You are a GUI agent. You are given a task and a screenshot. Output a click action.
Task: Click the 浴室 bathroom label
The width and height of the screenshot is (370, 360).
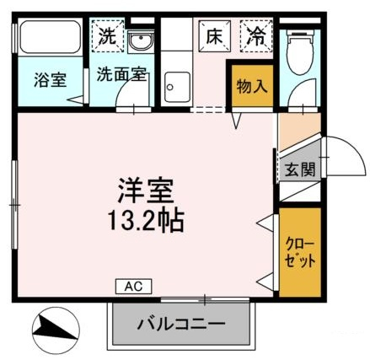(x=51, y=79)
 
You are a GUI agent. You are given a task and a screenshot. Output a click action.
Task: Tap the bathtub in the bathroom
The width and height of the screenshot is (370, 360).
(x=51, y=36)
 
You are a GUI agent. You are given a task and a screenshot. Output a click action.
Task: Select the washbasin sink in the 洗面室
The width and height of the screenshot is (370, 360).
(x=141, y=42)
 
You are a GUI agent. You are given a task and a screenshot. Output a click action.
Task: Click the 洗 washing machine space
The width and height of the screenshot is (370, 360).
(x=108, y=35)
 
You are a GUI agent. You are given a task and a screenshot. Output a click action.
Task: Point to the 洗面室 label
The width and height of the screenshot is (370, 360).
(x=121, y=74)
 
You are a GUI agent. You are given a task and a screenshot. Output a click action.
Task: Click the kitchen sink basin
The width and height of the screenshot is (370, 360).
(x=177, y=87)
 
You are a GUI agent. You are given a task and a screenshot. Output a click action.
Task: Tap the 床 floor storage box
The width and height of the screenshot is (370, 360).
(x=214, y=36)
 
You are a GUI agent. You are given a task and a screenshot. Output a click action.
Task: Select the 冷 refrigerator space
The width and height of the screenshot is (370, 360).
(x=256, y=36)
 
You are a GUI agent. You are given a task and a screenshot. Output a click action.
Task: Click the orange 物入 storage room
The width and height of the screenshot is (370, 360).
(x=252, y=86)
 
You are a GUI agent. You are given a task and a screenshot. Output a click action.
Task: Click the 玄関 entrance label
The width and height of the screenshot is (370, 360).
(x=300, y=169)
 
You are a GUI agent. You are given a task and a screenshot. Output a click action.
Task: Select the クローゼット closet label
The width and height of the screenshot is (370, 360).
(x=299, y=252)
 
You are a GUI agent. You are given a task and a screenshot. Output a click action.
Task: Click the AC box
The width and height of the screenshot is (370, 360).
(x=134, y=287)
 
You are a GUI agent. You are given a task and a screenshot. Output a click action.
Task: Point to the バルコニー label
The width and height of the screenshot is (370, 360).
(x=181, y=324)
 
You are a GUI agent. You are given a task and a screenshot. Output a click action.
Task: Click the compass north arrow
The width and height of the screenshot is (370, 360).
(x=56, y=328)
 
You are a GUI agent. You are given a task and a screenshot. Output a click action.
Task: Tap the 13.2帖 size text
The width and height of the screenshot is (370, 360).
(x=146, y=220)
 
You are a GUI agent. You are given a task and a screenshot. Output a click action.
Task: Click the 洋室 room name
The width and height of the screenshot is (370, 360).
(x=146, y=191)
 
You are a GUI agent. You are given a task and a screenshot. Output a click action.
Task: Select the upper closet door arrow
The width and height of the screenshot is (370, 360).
(x=265, y=223)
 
